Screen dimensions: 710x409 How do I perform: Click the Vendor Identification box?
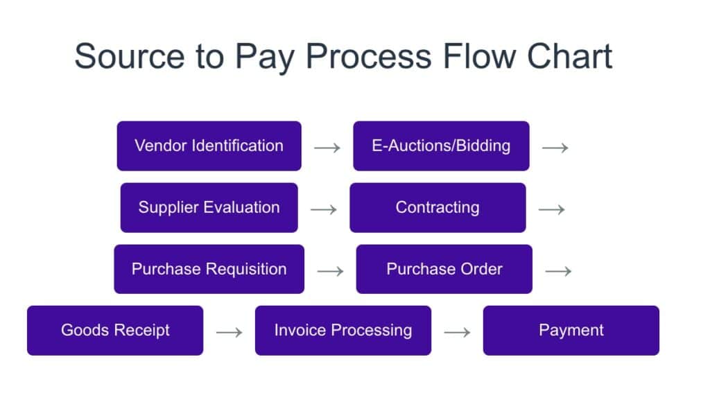click(x=209, y=146)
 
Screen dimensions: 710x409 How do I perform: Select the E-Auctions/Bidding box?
click(x=441, y=146)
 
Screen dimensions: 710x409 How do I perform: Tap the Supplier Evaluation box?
click(x=209, y=207)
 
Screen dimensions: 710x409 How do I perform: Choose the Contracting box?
click(x=438, y=207)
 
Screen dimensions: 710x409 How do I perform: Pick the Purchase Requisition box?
click(x=209, y=269)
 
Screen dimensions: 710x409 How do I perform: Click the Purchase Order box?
click(x=444, y=269)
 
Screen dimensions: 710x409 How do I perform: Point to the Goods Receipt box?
click(x=115, y=330)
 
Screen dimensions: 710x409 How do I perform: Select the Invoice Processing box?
click(x=343, y=330)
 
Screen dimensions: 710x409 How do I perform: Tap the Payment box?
click(x=571, y=330)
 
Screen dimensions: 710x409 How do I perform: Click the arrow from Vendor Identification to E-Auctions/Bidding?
click(x=327, y=148)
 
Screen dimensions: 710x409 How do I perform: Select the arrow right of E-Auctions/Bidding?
click(x=555, y=148)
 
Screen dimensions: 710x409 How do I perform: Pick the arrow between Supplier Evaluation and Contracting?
click(x=324, y=209)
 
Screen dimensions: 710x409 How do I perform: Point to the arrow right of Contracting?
click(x=551, y=209)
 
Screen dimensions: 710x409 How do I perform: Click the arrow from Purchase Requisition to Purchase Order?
click(x=331, y=271)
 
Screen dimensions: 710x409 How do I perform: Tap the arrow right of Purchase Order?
click(x=558, y=271)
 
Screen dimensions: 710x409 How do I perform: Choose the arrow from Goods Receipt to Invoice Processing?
click(x=229, y=333)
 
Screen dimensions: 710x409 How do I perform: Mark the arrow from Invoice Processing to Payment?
click(x=458, y=333)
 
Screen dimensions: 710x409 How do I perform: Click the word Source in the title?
click(x=130, y=56)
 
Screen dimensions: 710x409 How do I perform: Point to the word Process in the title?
click(x=369, y=56)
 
